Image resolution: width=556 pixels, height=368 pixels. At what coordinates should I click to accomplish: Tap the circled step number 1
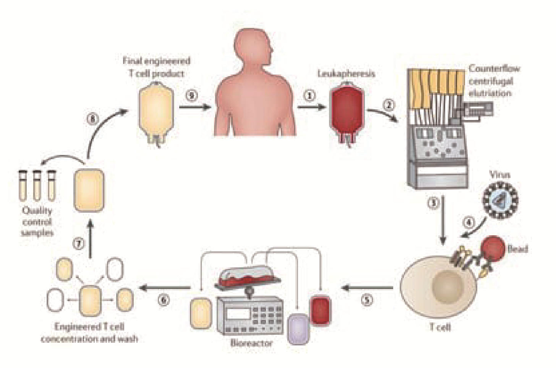click(x=310, y=96)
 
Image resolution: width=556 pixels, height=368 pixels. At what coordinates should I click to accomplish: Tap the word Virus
click(x=499, y=175)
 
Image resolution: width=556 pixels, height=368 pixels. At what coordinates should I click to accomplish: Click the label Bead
click(x=517, y=249)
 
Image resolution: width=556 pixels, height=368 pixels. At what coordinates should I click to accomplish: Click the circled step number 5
click(x=367, y=300)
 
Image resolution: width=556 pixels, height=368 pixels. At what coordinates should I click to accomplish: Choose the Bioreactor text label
click(x=251, y=343)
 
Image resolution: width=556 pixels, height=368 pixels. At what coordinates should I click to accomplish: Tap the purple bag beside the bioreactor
click(x=298, y=329)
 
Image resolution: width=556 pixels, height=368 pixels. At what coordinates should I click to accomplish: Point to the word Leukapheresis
click(x=346, y=73)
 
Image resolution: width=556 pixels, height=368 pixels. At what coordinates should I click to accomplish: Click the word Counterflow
click(x=494, y=69)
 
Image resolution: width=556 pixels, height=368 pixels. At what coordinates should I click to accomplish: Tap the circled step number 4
click(x=469, y=222)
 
